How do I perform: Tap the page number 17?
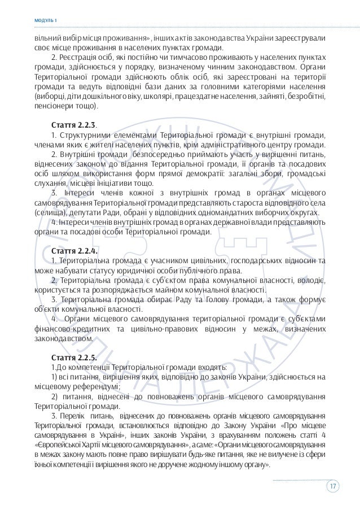[333, 486]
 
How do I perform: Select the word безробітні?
[306, 95]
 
